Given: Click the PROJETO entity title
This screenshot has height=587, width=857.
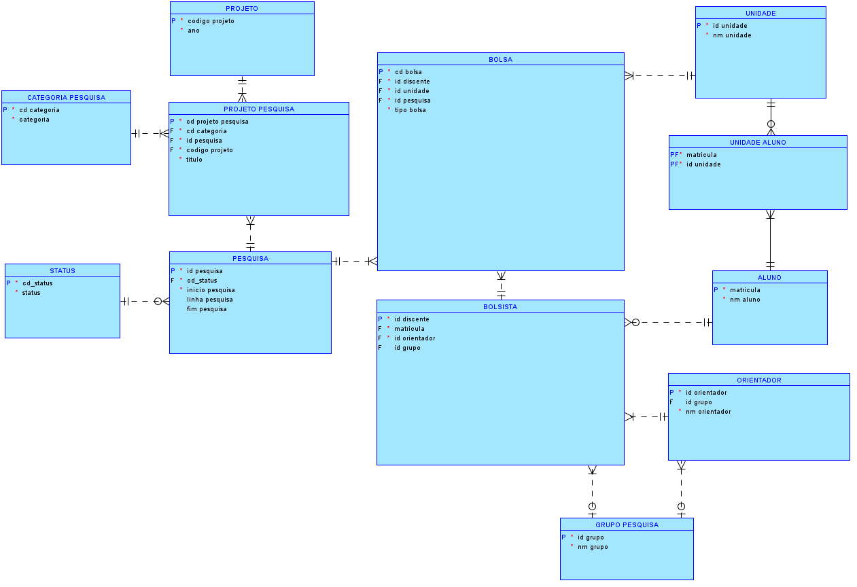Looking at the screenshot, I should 242,8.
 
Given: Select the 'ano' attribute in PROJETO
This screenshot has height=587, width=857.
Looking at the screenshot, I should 194,31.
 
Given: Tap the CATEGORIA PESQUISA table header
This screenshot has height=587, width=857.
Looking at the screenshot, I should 66,97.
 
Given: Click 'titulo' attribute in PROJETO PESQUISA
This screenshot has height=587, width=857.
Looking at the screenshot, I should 194,160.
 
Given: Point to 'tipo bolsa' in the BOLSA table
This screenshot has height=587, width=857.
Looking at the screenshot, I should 410,110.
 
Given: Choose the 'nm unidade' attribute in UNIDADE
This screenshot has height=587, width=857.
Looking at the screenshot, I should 732,35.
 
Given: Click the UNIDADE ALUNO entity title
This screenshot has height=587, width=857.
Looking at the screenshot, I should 758,142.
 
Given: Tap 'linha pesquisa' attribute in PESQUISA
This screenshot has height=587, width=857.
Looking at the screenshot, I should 209,300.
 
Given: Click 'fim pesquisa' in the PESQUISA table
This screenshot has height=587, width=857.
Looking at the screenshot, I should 207,309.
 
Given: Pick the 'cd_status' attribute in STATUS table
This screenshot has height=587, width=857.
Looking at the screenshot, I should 37,283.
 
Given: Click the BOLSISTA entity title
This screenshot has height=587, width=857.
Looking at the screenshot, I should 500,306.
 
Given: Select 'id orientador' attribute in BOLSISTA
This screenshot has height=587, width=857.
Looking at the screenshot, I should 415,338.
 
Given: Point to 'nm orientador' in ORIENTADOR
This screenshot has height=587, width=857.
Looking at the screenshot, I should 708,412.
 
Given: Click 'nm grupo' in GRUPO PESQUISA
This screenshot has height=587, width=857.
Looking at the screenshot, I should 593,547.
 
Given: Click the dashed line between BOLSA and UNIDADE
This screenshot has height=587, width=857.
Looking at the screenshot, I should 659,75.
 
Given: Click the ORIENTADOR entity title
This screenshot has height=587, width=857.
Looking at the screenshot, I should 758,380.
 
